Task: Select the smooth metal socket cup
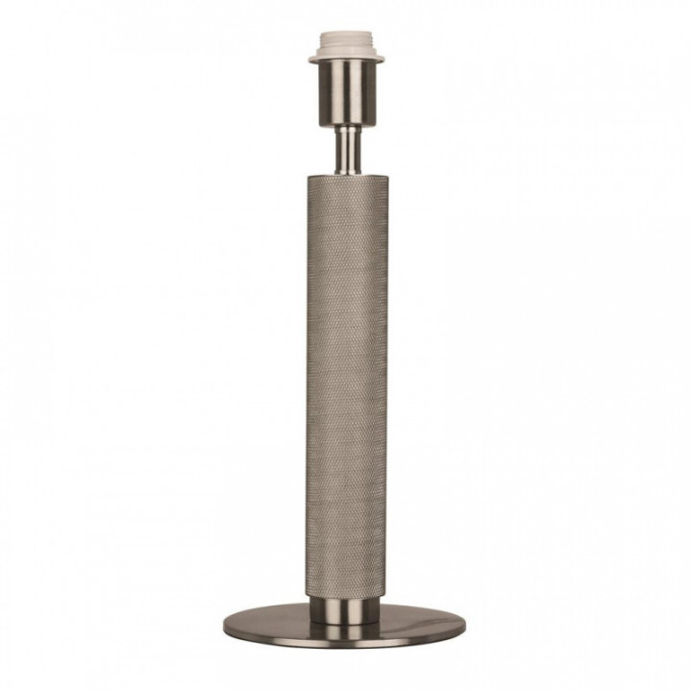click(346, 96)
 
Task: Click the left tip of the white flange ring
click(312, 60)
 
